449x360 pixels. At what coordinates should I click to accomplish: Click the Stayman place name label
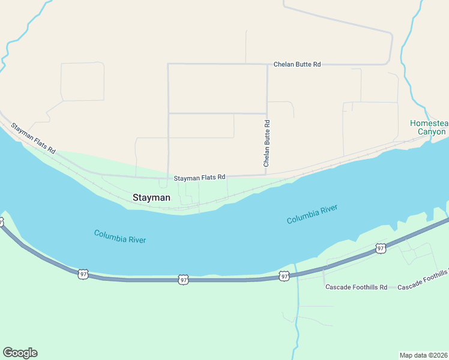click(x=151, y=197)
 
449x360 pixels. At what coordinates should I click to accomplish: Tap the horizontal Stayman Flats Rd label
click(x=199, y=178)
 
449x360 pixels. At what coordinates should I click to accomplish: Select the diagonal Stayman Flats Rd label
click(x=34, y=138)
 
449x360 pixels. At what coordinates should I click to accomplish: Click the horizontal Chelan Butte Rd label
click(x=297, y=64)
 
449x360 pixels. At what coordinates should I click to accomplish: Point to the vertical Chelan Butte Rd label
click(x=267, y=143)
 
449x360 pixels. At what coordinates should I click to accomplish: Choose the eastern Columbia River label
click(x=312, y=214)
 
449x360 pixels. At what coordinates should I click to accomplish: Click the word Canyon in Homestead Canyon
click(x=432, y=131)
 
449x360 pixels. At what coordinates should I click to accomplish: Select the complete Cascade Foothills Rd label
click(x=357, y=287)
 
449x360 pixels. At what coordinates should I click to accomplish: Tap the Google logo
click(x=20, y=353)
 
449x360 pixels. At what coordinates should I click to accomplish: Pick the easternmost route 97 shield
click(x=380, y=248)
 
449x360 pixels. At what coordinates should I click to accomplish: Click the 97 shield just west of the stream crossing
click(x=284, y=276)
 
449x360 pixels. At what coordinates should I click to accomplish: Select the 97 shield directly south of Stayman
click(x=183, y=280)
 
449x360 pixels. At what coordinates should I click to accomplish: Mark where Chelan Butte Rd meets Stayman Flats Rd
click(x=267, y=176)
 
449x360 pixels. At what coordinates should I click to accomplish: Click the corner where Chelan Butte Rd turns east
click(x=267, y=64)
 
